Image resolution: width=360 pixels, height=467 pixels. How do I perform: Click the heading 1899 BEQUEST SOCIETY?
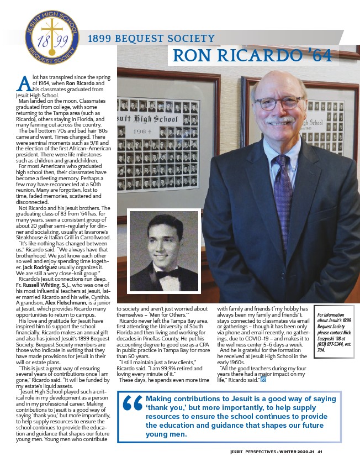point(151,39)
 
